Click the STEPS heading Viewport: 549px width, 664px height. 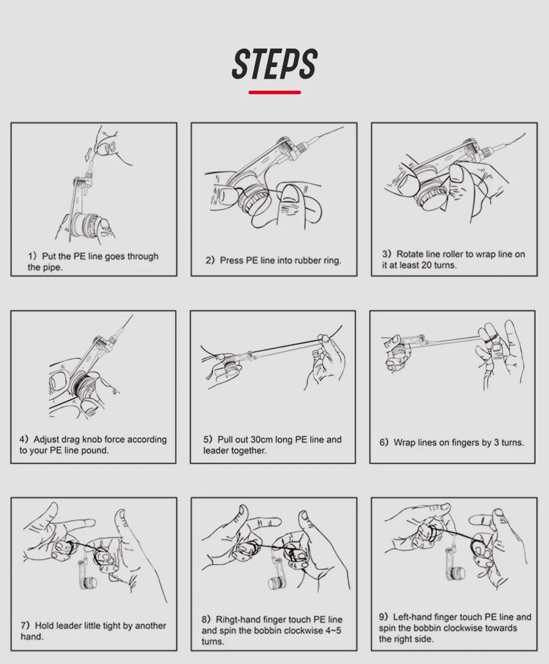[274, 64]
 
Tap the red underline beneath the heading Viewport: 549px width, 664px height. [274, 92]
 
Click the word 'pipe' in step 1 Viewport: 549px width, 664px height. [51, 268]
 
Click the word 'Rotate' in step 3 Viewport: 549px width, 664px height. [409, 254]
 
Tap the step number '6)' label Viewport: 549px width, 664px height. [384, 443]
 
